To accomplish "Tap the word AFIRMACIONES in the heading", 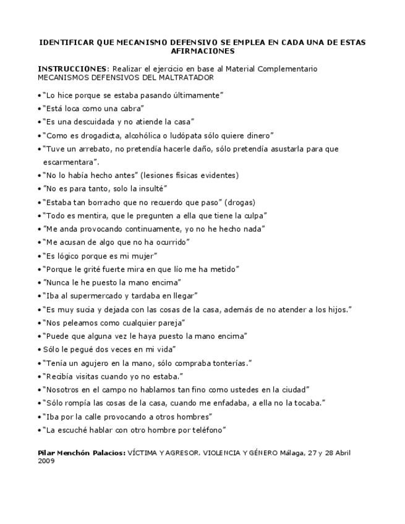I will (x=202, y=51).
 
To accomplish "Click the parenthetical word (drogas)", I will (x=240, y=202).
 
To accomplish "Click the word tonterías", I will (x=231, y=363).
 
